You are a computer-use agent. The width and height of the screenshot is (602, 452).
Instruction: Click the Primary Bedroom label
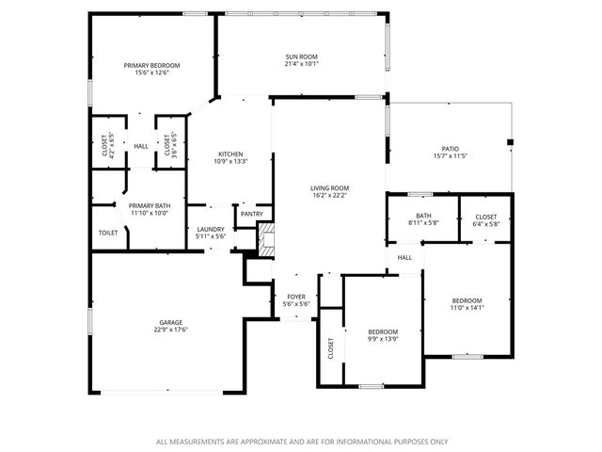(151, 65)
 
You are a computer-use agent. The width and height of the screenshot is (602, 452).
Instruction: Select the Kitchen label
(230, 154)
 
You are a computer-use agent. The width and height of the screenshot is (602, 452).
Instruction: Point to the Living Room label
(329, 188)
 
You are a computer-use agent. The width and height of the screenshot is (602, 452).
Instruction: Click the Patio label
(451, 149)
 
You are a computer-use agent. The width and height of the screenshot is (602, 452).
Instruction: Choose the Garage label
(170, 322)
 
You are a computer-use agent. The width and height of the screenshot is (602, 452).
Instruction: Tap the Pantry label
(251, 214)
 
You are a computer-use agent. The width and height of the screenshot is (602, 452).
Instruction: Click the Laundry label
(210, 229)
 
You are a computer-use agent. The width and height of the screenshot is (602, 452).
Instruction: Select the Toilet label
(108, 233)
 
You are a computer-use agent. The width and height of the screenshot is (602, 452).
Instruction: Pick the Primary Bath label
(150, 205)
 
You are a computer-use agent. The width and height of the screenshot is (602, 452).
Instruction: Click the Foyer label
(296, 297)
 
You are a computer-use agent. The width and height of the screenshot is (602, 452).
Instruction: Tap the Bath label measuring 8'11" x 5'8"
(422, 217)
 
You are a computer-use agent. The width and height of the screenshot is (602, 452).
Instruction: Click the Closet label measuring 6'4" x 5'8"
(485, 217)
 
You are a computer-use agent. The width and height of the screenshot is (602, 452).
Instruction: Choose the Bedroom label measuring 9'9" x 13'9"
(382, 331)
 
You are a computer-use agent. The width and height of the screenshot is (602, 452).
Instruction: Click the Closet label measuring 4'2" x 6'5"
(103, 145)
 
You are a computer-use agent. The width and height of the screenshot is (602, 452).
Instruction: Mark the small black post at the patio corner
(510, 142)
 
